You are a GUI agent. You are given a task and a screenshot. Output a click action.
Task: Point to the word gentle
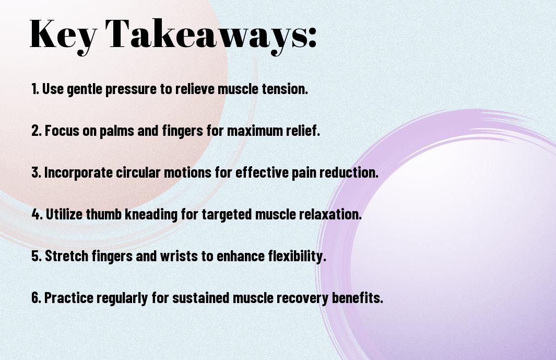coord(85,89)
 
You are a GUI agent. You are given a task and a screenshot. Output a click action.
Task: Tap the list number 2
coord(37,131)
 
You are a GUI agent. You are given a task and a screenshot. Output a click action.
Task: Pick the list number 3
coord(37,172)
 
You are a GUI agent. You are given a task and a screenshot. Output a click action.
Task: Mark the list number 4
coord(37,214)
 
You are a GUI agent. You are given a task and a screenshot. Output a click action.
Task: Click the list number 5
coord(37,256)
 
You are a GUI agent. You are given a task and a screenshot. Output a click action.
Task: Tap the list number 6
coord(37,297)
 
